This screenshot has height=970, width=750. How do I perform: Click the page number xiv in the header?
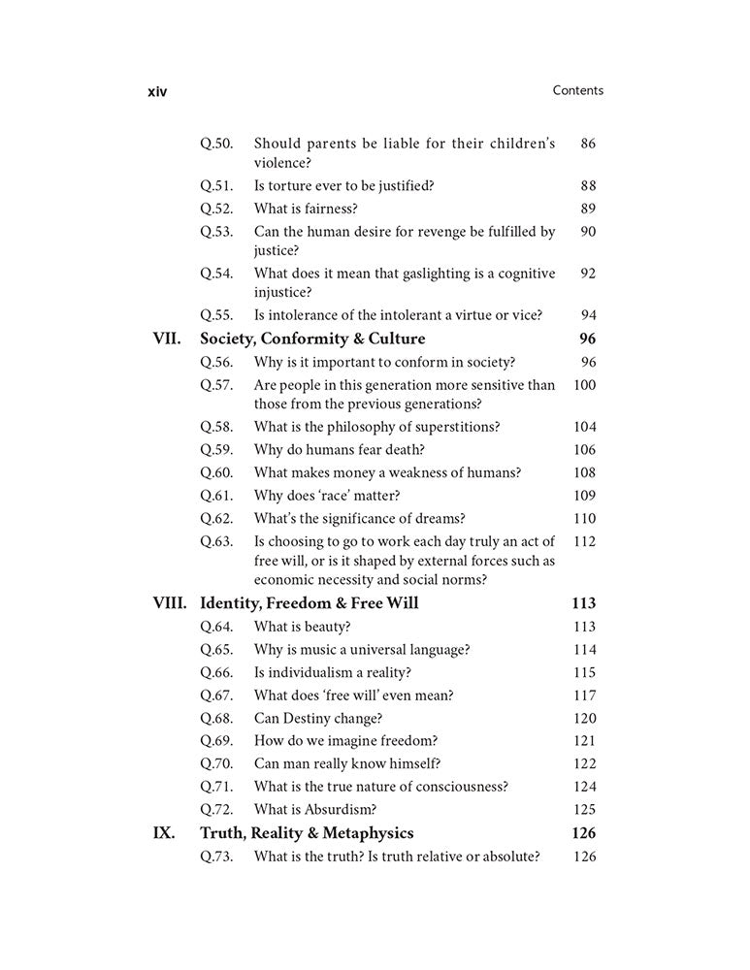pyautogui.click(x=156, y=91)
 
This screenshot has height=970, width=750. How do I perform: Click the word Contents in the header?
pyautogui.click(x=577, y=90)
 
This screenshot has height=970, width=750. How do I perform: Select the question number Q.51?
pyautogui.click(x=216, y=185)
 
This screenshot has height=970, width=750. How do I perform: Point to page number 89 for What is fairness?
pyautogui.click(x=588, y=209)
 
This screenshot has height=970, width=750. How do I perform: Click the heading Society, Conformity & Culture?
pyautogui.click(x=312, y=339)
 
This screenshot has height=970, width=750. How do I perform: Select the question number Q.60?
pyautogui.click(x=216, y=472)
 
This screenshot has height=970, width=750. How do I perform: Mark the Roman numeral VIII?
pyautogui.click(x=170, y=602)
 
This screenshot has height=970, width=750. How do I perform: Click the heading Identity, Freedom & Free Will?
pyautogui.click(x=309, y=602)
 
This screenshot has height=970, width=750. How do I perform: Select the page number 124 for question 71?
pyautogui.click(x=585, y=787)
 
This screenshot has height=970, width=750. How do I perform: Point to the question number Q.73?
pyautogui.click(x=216, y=857)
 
